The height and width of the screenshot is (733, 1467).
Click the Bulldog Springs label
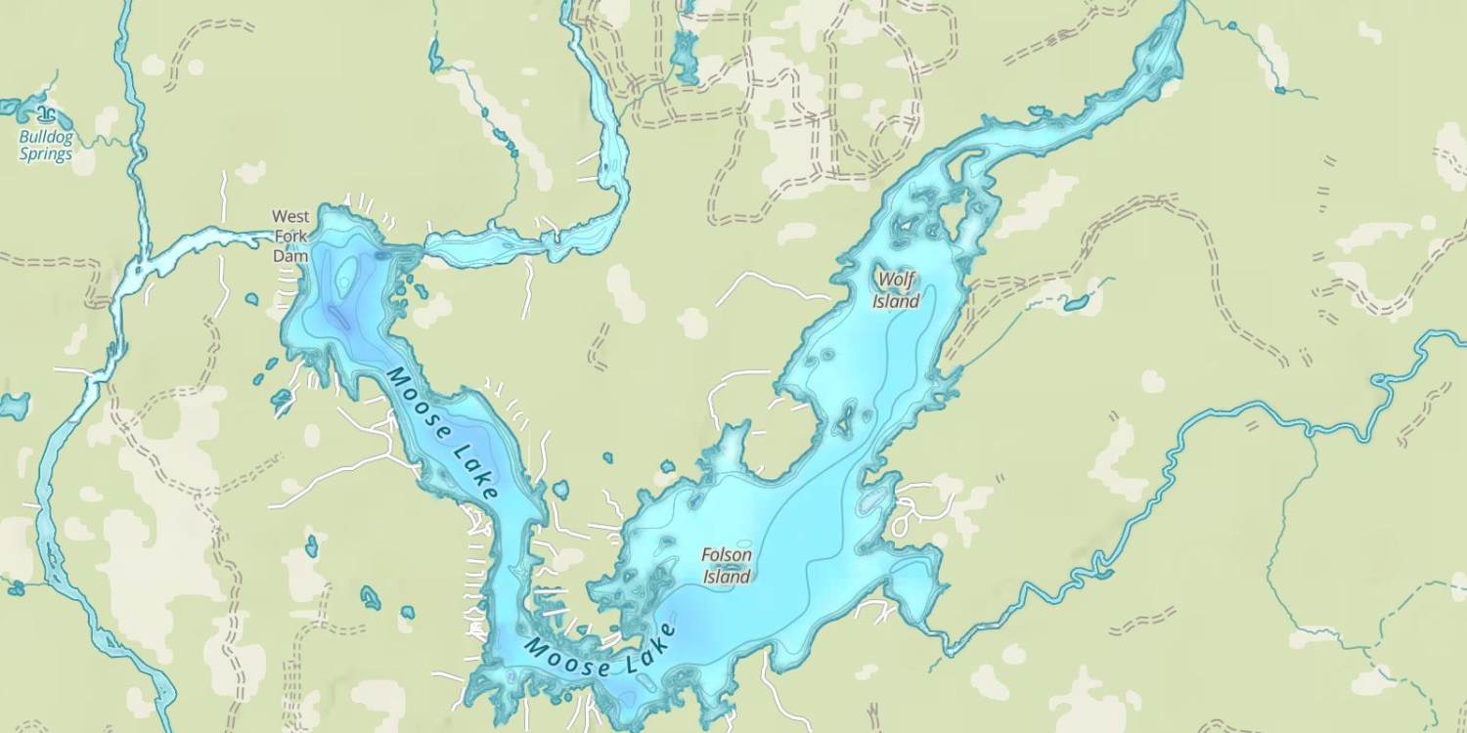click(46, 146)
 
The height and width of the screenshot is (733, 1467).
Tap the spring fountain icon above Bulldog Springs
click(43, 115)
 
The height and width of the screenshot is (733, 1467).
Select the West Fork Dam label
click(289, 236)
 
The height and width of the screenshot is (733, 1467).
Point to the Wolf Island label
click(896, 290)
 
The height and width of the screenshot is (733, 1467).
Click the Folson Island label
click(727, 566)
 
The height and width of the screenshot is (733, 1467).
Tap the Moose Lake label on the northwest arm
click(443, 432)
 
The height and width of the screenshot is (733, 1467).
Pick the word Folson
click(727, 555)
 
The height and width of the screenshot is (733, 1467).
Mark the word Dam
click(289, 256)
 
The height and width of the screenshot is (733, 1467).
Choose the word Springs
click(46, 154)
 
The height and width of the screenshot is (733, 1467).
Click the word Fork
click(289, 236)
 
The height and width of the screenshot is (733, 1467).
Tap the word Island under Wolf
click(896, 302)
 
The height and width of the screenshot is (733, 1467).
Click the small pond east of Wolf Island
click(1077, 303)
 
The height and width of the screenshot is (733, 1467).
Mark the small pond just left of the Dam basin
click(252, 299)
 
